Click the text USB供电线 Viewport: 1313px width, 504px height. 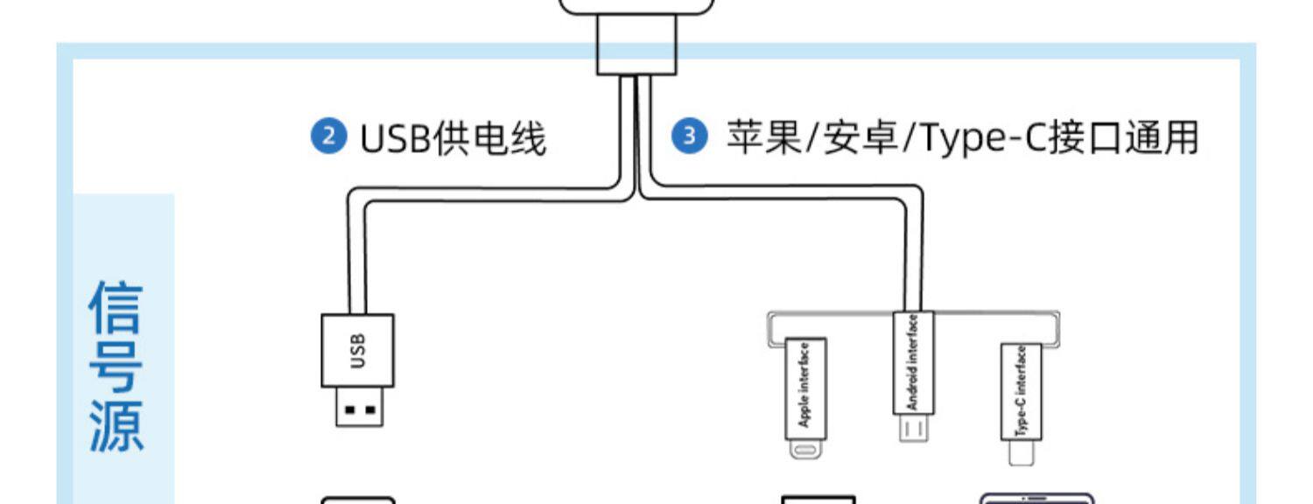(x=453, y=139)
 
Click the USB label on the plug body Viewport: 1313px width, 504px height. (x=357, y=350)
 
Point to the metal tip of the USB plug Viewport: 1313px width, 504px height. (x=359, y=408)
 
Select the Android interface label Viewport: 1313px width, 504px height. (x=913, y=362)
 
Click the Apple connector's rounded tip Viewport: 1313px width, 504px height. (x=804, y=450)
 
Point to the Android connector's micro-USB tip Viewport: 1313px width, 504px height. (x=913, y=429)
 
